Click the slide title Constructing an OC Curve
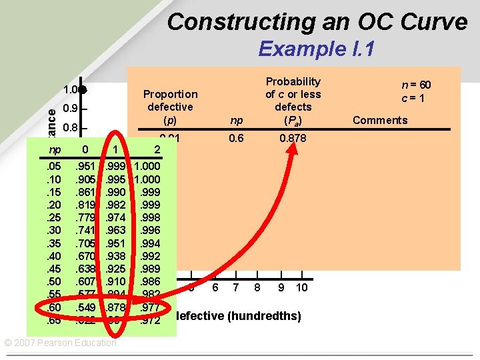point(317,22)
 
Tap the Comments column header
point(380,120)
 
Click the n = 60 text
point(416,85)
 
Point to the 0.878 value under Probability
point(293,138)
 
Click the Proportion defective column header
point(170,107)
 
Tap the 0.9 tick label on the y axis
point(70,109)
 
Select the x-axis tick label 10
point(301,287)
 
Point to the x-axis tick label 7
point(235,287)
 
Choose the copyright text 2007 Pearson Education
point(60,343)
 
